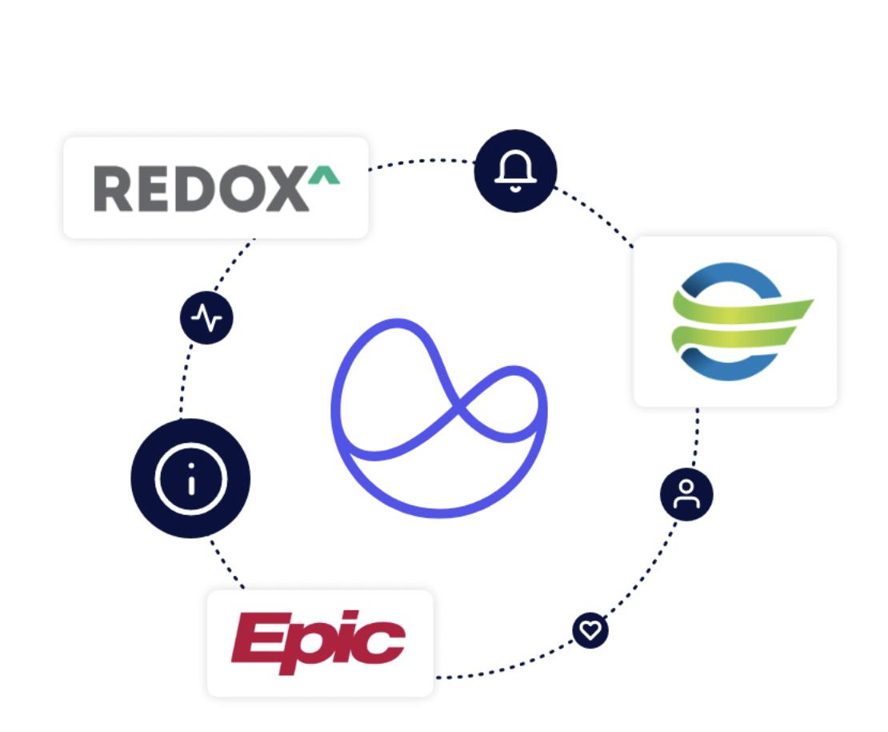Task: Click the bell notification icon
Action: point(515,171)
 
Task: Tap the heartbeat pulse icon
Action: point(206,318)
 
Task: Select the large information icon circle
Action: point(190,478)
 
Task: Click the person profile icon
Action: point(686,494)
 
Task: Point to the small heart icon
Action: point(590,630)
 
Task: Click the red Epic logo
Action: point(318,642)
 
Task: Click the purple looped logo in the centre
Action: point(439,416)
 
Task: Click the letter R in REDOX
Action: point(113,189)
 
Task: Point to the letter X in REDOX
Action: point(285,189)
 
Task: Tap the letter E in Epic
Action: point(258,638)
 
